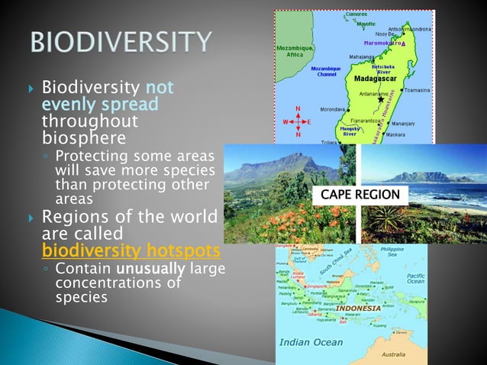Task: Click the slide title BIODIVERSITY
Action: (x=121, y=43)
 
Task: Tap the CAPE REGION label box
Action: (x=360, y=195)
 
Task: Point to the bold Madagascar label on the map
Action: (x=373, y=79)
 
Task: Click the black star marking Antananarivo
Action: (x=382, y=99)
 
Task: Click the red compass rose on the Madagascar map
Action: (x=298, y=122)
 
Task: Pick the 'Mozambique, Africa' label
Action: (x=294, y=50)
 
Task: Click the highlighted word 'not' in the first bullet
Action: (x=160, y=88)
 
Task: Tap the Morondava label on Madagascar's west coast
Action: (x=331, y=108)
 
